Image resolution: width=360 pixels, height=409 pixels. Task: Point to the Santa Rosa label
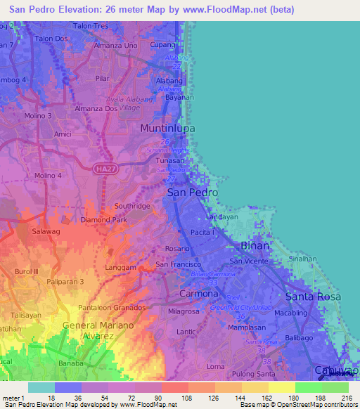[x=313, y=297]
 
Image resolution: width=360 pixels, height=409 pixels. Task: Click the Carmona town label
[x=200, y=293]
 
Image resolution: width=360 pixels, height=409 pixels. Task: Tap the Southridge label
[x=132, y=206]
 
